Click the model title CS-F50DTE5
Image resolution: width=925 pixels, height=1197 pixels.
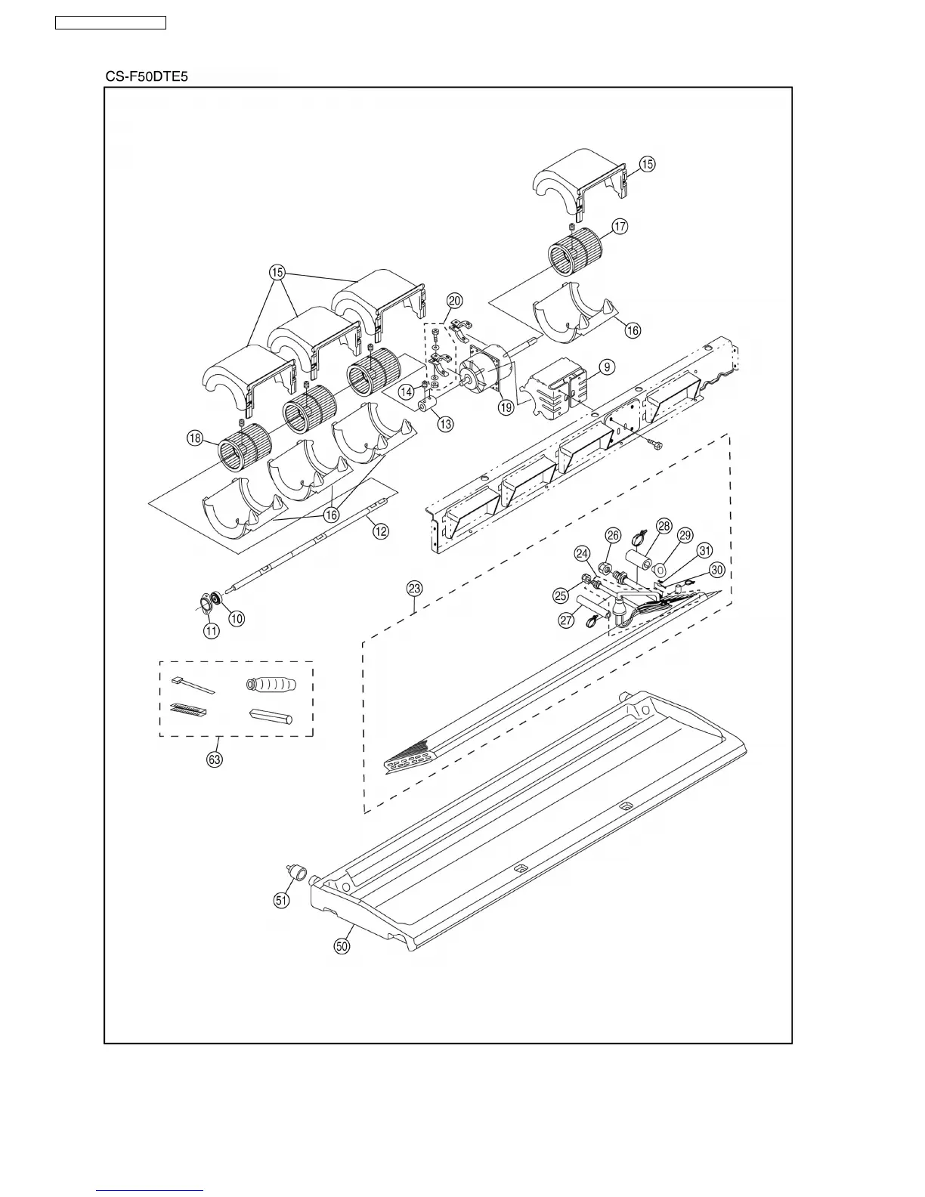pyautogui.click(x=146, y=77)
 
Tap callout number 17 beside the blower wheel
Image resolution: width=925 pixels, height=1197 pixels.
pyautogui.click(x=620, y=226)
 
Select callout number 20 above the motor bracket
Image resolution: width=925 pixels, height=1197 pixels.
pyautogui.click(x=453, y=300)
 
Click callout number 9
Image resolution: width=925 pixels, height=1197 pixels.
pyautogui.click(x=607, y=367)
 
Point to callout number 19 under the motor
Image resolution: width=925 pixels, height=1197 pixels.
pyautogui.click(x=505, y=407)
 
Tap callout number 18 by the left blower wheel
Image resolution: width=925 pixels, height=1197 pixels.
pyautogui.click(x=195, y=438)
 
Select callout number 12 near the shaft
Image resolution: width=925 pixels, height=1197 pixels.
pyautogui.click(x=380, y=531)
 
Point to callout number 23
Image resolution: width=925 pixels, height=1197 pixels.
pyautogui.click(x=414, y=588)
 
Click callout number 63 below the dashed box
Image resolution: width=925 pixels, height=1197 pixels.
pyautogui.click(x=215, y=759)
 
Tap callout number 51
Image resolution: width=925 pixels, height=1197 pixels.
pyautogui.click(x=281, y=900)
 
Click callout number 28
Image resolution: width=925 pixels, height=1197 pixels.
pyautogui.click(x=664, y=526)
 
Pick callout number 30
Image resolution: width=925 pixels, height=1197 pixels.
pyautogui.click(x=717, y=570)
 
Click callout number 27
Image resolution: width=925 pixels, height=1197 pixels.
pyautogui.click(x=567, y=620)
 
